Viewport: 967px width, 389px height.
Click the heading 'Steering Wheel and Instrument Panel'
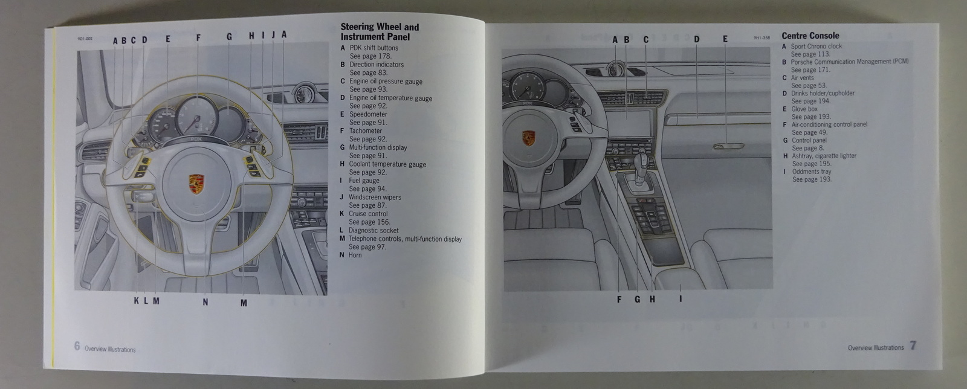click(379, 31)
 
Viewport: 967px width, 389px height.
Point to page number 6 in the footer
click(77, 346)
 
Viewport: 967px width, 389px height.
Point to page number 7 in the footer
click(913, 346)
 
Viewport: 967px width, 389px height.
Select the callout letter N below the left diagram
click(205, 302)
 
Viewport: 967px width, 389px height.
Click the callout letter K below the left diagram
click(137, 301)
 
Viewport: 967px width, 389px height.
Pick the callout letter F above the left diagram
click(198, 38)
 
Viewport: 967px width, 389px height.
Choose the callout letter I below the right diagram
click(681, 298)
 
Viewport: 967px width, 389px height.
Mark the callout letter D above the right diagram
click(696, 40)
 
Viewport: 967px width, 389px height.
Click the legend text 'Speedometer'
click(368, 114)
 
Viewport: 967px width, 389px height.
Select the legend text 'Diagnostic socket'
click(373, 230)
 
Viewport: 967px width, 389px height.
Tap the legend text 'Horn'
click(355, 255)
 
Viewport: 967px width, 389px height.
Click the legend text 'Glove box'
click(804, 109)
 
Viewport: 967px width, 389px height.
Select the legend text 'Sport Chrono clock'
click(816, 46)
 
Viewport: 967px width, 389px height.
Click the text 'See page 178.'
click(370, 56)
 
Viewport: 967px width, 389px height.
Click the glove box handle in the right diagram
click(728, 147)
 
